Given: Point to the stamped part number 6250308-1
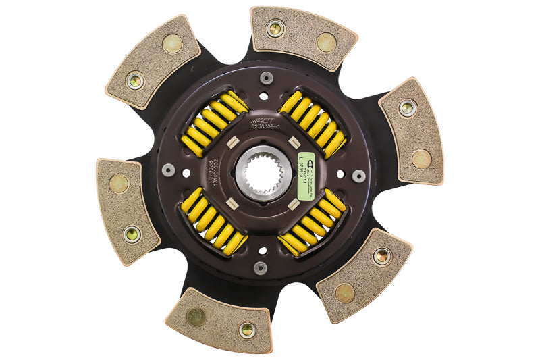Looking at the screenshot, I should tap(268, 124).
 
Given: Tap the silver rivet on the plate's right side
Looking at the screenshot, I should tap(359, 176).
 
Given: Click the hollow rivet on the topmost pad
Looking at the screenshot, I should tap(275, 28).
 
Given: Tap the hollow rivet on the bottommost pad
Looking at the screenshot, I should tap(246, 330).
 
